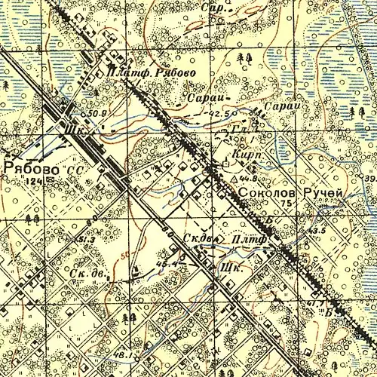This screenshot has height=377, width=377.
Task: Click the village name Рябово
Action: pos(31,167)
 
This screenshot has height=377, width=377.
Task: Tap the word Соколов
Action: pos(266,194)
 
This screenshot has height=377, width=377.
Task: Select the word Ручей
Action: pos(323,194)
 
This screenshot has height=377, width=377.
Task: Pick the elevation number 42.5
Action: pos(221,113)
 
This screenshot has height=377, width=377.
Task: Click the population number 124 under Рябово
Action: pos(51,181)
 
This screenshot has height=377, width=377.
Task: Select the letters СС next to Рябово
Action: pos(74,171)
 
